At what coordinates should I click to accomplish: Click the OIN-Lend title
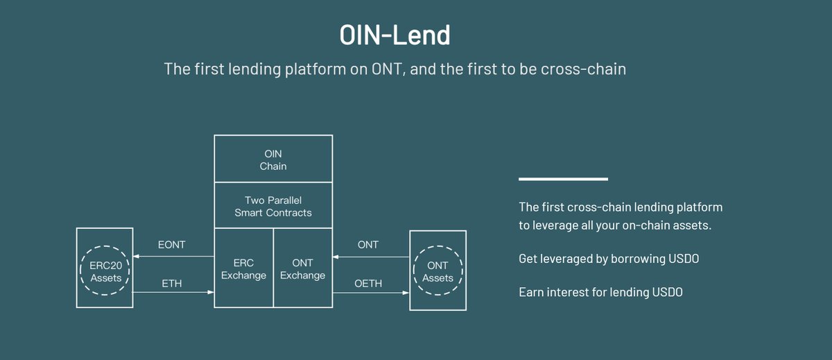395,34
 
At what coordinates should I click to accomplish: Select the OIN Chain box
273,159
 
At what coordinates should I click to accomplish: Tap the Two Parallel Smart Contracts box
273,206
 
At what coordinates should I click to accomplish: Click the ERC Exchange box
244,269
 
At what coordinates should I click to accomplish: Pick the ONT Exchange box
302,269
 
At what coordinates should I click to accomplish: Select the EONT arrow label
172,245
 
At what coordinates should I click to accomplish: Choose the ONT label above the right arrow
367,245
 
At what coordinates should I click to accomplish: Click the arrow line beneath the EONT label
173,257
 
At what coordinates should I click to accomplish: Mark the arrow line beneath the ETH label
173,293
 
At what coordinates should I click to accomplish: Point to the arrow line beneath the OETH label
371,293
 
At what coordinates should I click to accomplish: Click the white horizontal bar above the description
563,179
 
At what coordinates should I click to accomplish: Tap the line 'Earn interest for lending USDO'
600,292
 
